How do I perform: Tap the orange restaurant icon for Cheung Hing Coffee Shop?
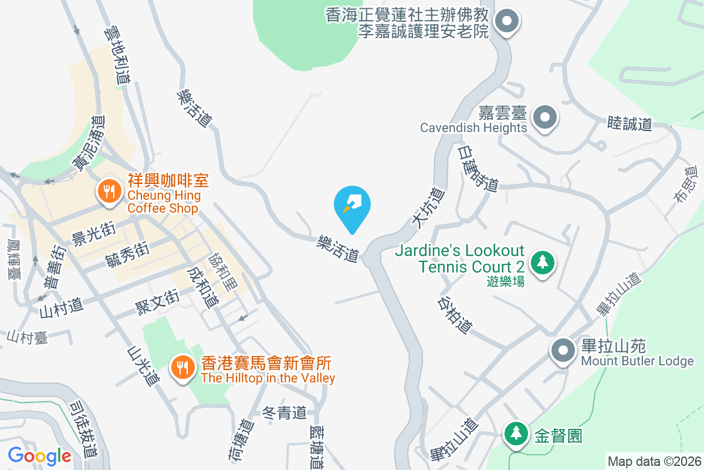pyautogui.click(x=109, y=191)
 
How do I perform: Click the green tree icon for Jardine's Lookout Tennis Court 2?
pyautogui.click(x=543, y=261)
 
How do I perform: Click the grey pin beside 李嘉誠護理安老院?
pyautogui.click(x=505, y=22)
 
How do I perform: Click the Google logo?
pyautogui.click(x=39, y=455)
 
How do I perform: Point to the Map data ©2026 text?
pyautogui.click(x=654, y=461)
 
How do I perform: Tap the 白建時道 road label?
pyautogui.click(x=478, y=169)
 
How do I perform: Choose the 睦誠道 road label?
pyautogui.click(x=629, y=124)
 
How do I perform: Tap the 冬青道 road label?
pyautogui.click(x=284, y=413)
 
